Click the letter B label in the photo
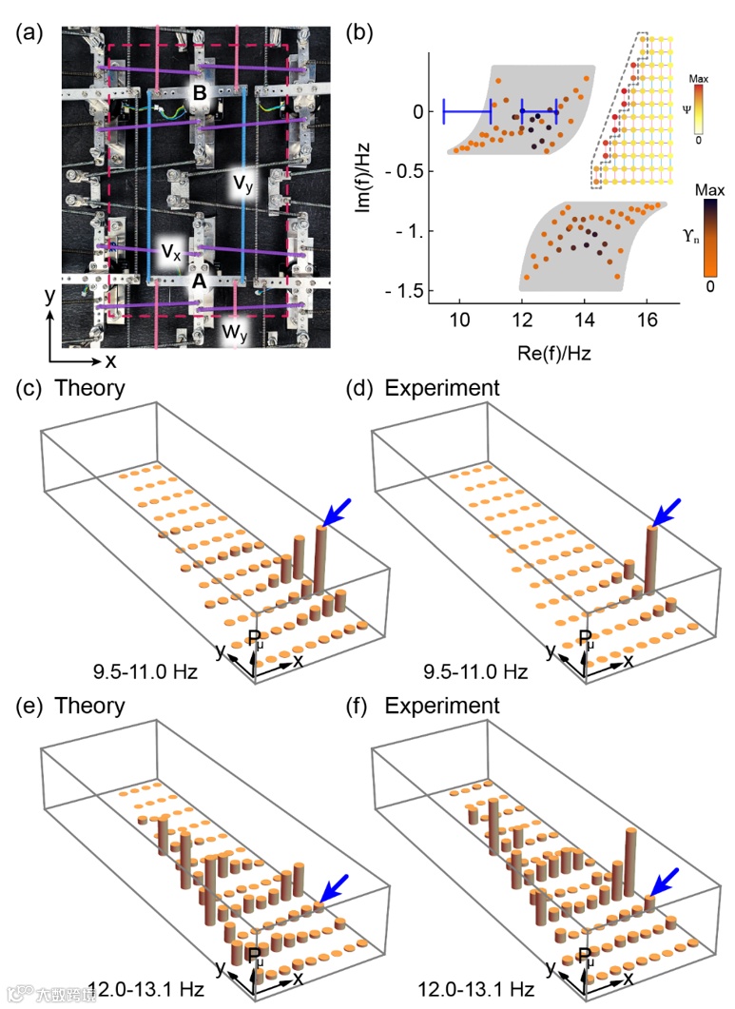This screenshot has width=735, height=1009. tap(200, 93)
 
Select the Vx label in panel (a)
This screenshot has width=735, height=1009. tap(170, 252)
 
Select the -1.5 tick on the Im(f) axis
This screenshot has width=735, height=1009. tap(407, 290)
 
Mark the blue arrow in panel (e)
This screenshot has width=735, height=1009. tap(334, 888)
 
